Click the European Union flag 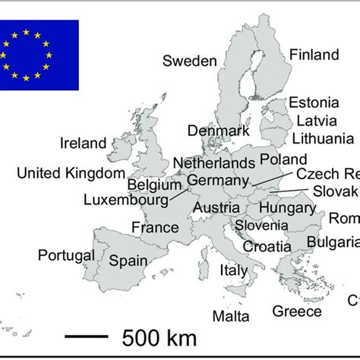coord(38,54)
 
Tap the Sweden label coord(190,62)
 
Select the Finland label coord(314,55)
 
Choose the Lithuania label coord(323,138)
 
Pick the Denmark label coord(219,131)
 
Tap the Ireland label coord(84,143)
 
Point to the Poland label coord(283,159)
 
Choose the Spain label coord(128,261)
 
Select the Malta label coord(230,315)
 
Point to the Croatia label coord(267,246)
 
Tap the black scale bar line coord(86,334)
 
